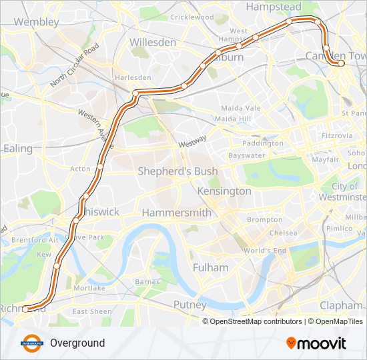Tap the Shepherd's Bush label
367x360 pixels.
(x=177, y=171)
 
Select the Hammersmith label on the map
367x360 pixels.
(x=176, y=213)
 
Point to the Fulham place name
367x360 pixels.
(x=210, y=267)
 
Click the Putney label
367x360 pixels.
(x=190, y=305)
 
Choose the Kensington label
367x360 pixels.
(x=224, y=191)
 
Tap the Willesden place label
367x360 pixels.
(x=153, y=42)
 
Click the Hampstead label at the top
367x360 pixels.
(x=274, y=7)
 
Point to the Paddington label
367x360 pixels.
(x=263, y=143)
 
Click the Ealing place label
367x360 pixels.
(x=18, y=148)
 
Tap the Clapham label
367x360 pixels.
(x=340, y=305)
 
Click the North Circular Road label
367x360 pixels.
(x=75, y=65)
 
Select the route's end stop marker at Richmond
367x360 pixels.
(x=25, y=309)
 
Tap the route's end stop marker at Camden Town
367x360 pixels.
(x=341, y=63)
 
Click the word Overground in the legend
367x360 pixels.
(x=77, y=343)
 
